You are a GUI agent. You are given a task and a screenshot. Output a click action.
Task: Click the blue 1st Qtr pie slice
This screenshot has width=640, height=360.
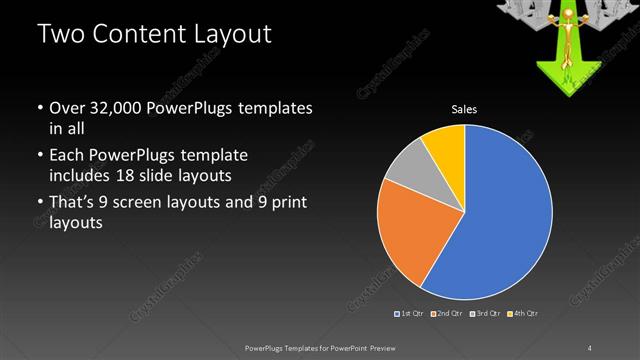click(505, 215)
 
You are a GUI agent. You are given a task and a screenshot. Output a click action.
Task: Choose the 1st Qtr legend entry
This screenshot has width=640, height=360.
click(411, 314)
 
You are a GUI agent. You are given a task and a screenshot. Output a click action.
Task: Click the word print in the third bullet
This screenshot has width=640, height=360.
click(283, 204)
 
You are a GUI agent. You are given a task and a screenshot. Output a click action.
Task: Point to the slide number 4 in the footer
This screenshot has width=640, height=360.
click(589, 347)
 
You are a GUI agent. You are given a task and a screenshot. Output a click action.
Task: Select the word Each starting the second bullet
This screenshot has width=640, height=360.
click(69, 157)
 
